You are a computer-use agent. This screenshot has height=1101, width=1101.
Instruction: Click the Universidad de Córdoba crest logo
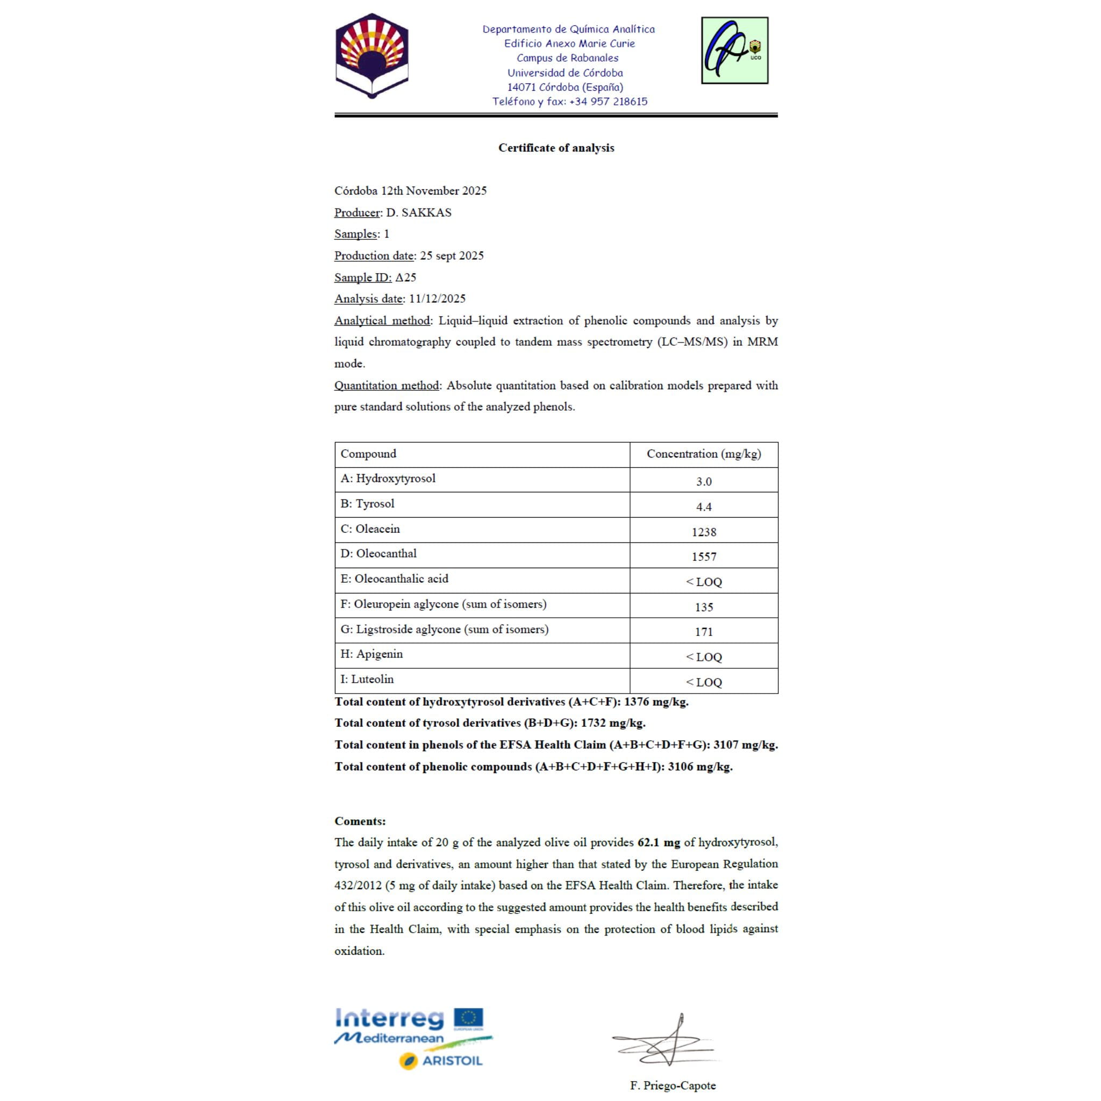coord(371,56)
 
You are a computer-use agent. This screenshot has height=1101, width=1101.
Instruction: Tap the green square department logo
coord(734,50)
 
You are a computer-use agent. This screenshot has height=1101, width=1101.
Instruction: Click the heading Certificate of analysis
coord(556,148)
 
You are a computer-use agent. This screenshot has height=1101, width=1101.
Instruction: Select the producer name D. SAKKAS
coord(418,212)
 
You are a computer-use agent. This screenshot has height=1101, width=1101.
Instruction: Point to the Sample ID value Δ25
coord(405,277)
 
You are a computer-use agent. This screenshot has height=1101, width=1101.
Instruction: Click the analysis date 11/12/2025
coord(437,298)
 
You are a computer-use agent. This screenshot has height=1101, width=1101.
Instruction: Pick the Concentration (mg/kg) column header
coord(703,454)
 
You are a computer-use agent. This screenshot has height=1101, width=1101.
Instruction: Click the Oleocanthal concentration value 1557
coord(703,557)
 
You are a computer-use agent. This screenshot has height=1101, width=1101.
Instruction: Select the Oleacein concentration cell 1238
coord(703,532)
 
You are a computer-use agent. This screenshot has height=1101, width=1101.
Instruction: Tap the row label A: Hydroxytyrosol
coord(388,478)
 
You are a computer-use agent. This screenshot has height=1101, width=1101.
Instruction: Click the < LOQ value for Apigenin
coord(703,657)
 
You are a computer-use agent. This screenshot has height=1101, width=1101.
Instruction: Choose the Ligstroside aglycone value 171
coord(703,632)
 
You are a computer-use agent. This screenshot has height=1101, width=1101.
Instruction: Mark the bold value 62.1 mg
coord(658,842)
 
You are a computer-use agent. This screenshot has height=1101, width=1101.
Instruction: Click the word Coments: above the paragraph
coord(360,821)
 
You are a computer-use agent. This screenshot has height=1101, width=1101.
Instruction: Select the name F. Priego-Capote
coord(673,1085)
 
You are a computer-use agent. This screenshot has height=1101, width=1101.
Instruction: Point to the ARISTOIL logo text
coord(452,1061)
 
